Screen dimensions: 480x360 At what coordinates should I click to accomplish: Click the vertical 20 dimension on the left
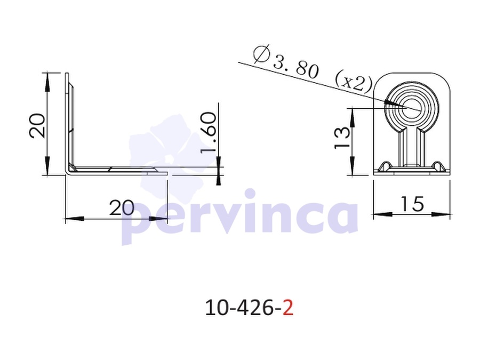tap(37, 125)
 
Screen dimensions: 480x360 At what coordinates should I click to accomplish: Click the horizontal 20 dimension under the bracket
tap(122, 207)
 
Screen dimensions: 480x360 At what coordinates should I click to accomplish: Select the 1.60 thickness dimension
tap(208, 132)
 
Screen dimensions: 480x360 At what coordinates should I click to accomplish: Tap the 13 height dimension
tap(342, 138)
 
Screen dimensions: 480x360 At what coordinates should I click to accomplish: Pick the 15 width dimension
tap(412, 204)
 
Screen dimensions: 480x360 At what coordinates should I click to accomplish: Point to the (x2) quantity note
tap(354, 81)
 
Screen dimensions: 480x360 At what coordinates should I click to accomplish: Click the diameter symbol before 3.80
tap(262, 54)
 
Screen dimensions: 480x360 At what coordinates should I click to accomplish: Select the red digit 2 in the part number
tap(288, 308)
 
